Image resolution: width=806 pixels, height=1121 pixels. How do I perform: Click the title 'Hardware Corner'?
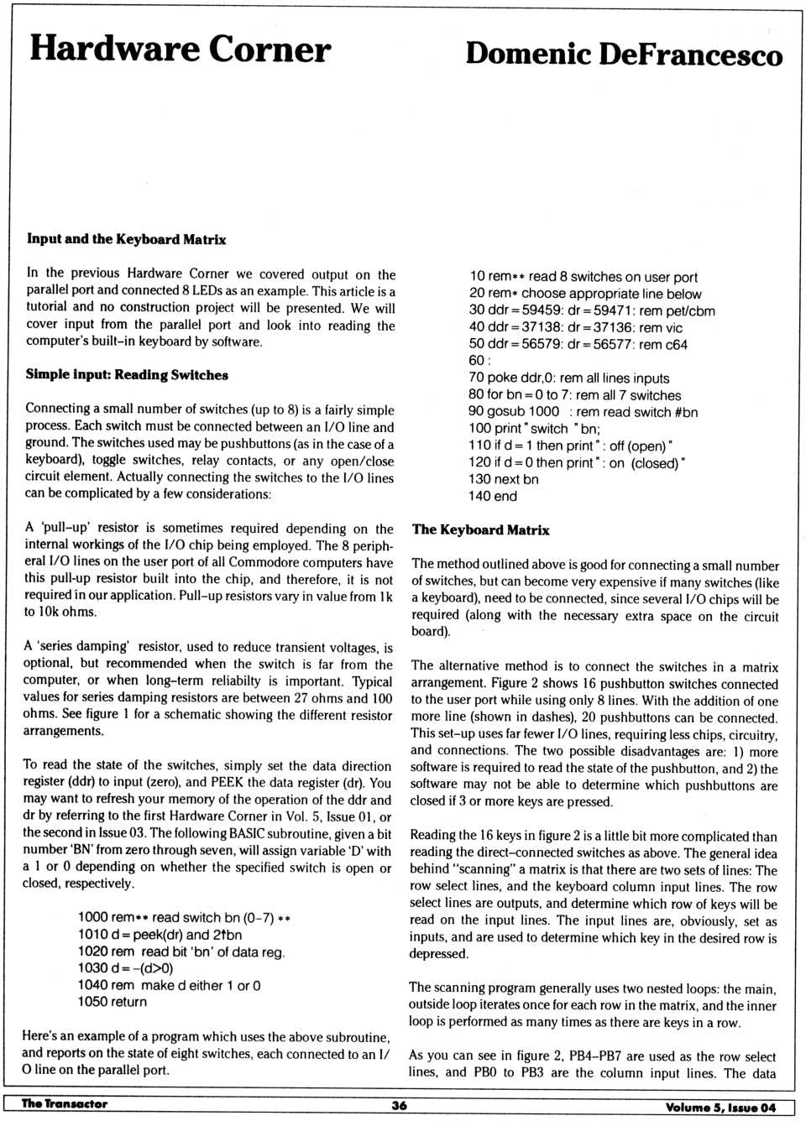click(x=181, y=49)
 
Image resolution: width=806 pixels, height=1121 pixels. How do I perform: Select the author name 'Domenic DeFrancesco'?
click(x=624, y=54)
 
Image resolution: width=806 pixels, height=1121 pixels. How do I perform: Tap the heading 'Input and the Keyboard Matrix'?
click(x=126, y=239)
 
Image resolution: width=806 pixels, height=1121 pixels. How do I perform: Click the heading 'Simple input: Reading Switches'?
click(x=127, y=375)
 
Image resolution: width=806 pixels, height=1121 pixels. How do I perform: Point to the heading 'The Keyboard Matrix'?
click(x=480, y=530)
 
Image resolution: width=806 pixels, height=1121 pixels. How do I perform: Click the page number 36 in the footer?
click(x=400, y=1106)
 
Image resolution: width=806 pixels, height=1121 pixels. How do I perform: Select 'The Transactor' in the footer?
click(x=65, y=1104)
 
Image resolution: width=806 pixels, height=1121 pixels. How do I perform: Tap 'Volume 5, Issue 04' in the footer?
click(x=720, y=1108)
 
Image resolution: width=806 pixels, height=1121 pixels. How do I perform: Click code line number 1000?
click(x=92, y=917)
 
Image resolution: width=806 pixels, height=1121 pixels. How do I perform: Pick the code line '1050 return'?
click(x=112, y=1002)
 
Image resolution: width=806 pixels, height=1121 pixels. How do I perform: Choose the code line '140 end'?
click(x=493, y=496)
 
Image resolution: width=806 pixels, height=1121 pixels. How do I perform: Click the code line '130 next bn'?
click(x=504, y=479)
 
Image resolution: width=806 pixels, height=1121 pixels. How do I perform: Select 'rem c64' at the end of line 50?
click(x=663, y=345)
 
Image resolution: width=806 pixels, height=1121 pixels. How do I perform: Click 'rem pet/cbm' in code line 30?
click(x=678, y=310)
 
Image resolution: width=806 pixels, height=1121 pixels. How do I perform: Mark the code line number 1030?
click(x=92, y=968)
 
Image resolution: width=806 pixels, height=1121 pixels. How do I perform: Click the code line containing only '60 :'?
click(x=477, y=361)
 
